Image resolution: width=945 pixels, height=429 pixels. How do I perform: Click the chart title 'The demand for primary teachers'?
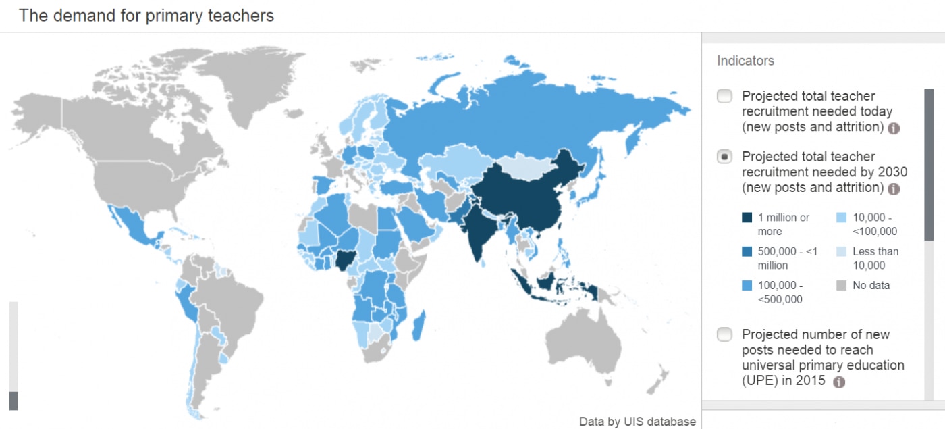(x=146, y=16)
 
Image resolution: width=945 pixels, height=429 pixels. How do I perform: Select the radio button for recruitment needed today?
(x=724, y=96)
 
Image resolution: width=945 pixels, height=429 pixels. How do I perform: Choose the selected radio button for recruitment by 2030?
(x=724, y=157)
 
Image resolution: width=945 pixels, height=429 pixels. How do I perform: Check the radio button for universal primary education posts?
(x=724, y=334)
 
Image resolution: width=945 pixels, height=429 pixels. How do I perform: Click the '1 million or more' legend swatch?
(x=747, y=218)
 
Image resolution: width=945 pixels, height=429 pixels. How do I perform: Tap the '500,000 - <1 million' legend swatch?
(x=747, y=251)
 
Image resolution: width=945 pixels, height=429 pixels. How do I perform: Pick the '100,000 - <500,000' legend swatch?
(x=747, y=285)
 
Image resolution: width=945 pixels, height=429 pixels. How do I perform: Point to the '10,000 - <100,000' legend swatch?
(x=842, y=218)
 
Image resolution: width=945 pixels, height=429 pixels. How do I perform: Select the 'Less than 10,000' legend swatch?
(x=842, y=251)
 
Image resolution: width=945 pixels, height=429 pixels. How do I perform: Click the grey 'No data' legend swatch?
(x=842, y=285)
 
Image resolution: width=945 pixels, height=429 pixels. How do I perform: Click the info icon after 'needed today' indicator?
(x=894, y=128)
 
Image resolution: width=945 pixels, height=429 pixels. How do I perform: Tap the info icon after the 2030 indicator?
(x=894, y=189)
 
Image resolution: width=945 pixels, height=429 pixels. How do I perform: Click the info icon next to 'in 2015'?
(x=839, y=382)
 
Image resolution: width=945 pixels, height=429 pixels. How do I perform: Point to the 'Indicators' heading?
(x=745, y=61)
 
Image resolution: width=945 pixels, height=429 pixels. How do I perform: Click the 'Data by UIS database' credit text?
(x=637, y=422)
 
